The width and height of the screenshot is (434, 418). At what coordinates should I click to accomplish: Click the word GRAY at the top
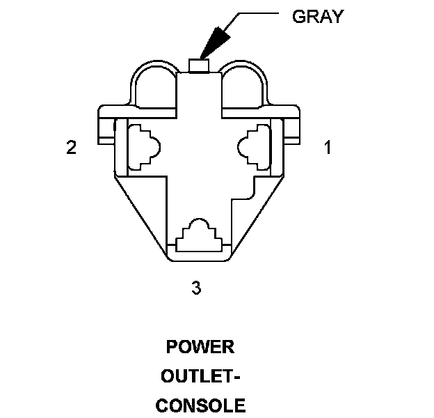click(318, 17)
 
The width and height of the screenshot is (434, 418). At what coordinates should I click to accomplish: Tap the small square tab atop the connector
click(200, 65)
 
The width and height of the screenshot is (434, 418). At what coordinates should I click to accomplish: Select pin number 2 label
click(71, 148)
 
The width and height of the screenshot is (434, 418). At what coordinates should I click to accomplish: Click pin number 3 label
click(197, 286)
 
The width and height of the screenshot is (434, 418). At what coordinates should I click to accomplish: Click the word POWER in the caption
click(200, 347)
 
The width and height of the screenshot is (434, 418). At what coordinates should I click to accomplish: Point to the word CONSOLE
click(200, 405)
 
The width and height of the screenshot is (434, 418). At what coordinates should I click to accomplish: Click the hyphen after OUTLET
click(236, 377)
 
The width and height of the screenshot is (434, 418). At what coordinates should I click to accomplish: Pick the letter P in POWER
click(172, 347)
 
